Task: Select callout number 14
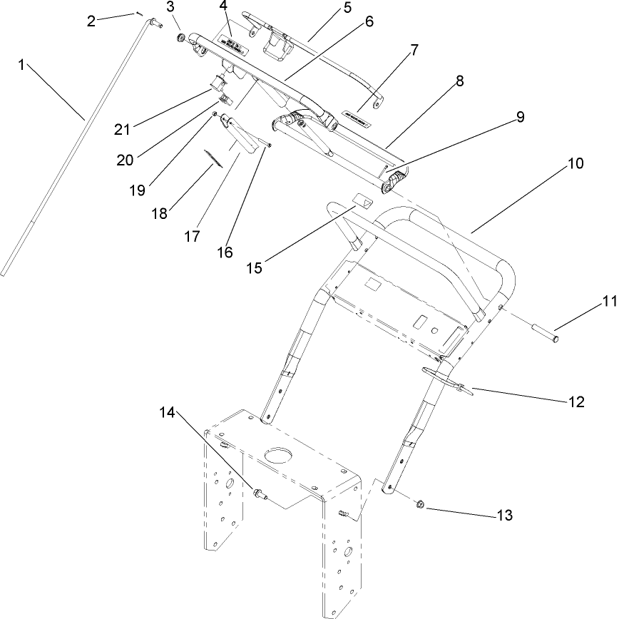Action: pyautogui.click(x=166, y=413)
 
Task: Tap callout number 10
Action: pyautogui.click(x=576, y=163)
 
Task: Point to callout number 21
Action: pyautogui.click(x=123, y=129)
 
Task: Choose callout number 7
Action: pyautogui.click(x=414, y=51)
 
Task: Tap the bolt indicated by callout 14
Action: pyautogui.click(x=258, y=493)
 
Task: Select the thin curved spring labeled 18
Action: pyautogui.click(x=211, y=158)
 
